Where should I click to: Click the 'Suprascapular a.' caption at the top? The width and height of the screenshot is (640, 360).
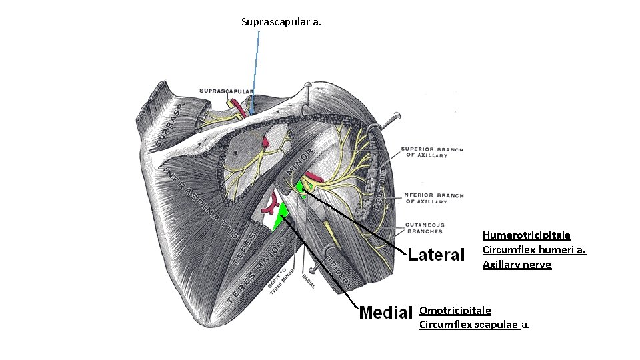281,22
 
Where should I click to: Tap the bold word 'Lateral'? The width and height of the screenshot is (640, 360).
436,254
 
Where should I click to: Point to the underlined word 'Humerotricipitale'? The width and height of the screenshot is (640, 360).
526,235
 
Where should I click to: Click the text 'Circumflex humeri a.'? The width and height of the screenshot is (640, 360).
534,250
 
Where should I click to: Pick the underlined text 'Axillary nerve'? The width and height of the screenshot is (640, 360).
517,265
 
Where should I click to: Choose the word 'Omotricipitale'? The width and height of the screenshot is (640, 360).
455,310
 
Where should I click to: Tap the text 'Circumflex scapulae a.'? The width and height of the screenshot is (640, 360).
474,325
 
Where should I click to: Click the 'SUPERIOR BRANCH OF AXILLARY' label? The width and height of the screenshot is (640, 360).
433,152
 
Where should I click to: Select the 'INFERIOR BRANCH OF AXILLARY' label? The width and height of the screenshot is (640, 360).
433,198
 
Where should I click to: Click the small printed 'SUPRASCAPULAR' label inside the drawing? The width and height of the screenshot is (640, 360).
226,91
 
